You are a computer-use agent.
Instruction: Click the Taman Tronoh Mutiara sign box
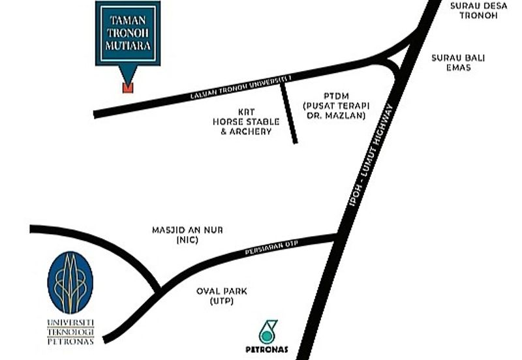pyautogui.click(x=128, y=33)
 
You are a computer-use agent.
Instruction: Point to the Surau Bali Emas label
pyautogui.click(x=451, y=62)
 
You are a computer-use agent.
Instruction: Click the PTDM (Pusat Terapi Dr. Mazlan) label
pyautogui.click(x=334, y=105)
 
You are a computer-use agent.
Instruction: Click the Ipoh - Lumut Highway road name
pyautogui.click(x=371, y=157)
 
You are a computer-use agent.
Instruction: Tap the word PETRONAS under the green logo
pyautogui.click(x=267, y=349)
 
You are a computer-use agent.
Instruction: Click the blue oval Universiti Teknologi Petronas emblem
pyautogui.click(x=70, y=282)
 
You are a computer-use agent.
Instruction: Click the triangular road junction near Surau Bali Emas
pyautogui.click(x=399, y=62)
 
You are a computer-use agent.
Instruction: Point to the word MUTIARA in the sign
pyautogui.click(x=128, y=48)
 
